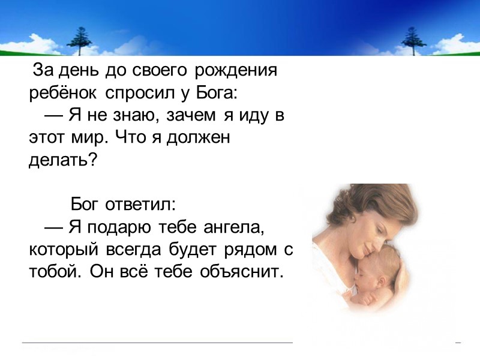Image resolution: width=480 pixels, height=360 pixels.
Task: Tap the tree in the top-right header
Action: tap(413, 40)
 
